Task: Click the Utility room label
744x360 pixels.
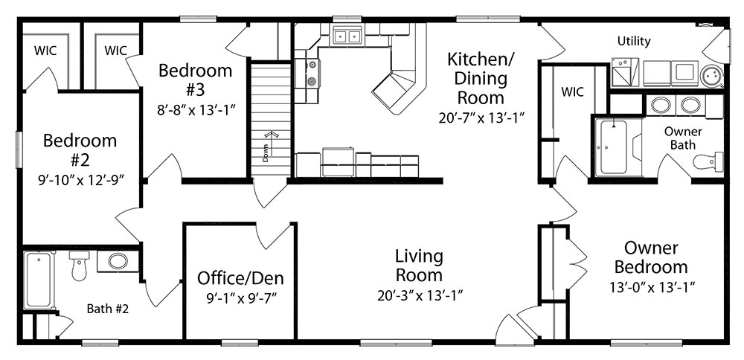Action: click(633, 41)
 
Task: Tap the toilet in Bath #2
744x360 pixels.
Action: click(79, 265)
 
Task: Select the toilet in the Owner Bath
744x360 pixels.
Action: click(708, 161)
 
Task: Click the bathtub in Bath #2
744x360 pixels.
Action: click(39, 280)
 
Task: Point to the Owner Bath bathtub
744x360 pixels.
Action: click(613, 147)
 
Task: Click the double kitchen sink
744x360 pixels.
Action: click(347, 35)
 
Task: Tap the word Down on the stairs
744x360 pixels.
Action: click(266, 153)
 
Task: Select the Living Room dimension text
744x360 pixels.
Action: click(420, 296)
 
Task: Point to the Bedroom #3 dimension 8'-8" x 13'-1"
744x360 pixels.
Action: click(196, 111)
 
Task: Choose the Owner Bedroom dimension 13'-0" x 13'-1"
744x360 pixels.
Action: click(652, 287)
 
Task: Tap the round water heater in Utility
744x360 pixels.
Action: click(711, 75)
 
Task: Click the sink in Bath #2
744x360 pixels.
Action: click(118, 261)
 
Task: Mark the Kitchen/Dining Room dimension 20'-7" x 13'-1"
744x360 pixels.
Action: click(480, 118)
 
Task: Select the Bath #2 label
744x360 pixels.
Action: click(108, 309)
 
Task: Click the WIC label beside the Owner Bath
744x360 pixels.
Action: click(573, 91)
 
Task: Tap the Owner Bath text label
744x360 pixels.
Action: click(683, 138)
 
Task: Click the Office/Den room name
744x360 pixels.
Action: click(240, 278)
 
